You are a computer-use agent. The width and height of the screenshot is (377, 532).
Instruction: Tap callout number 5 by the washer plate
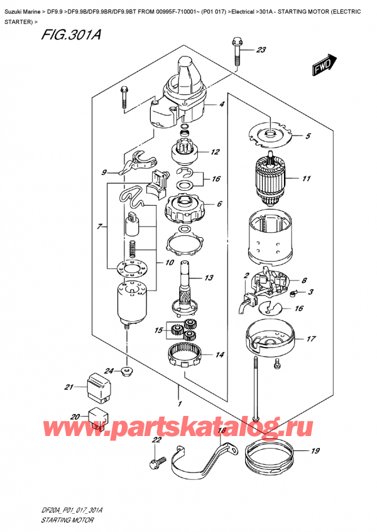pos(308,136)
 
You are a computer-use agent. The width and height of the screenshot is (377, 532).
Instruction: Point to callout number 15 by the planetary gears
pos(160,330)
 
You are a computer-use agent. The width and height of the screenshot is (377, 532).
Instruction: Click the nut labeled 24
pos(128,372)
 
